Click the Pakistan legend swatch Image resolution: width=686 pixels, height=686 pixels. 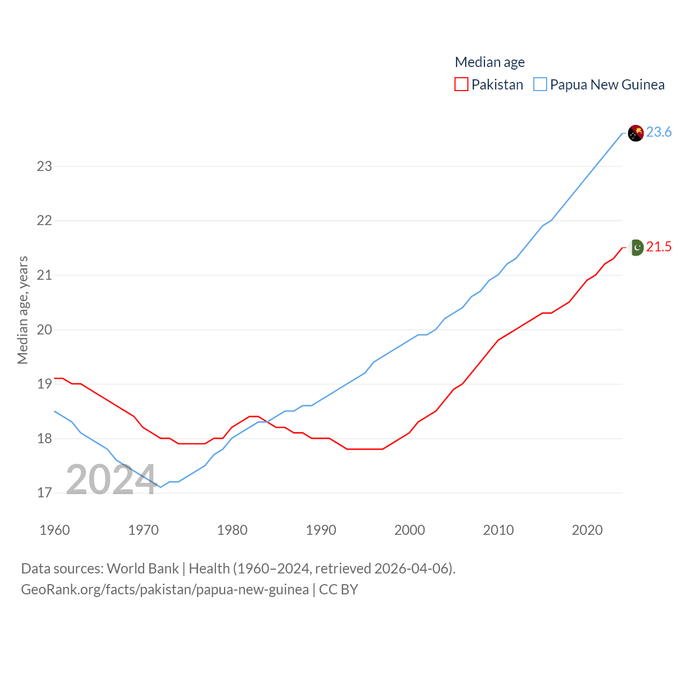click(x=461, y=85)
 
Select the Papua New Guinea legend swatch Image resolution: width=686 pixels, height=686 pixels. click(x=540, y=85)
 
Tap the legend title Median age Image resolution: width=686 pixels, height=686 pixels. click(x=489, y=62)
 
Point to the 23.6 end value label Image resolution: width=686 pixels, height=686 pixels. click(x=659, y=132)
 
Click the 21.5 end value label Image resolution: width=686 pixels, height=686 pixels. click(x=659, y=247)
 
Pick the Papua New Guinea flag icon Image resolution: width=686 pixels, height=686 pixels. click(x=636, y=133)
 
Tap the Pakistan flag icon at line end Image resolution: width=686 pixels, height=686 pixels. click(x=636, y=248)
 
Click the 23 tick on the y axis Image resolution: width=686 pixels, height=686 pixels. click(x=44, y=166)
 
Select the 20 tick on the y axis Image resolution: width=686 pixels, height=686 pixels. click(x=44, y=330)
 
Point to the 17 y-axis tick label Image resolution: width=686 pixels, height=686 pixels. click(x=44, y=493)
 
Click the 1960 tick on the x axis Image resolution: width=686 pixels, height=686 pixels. click(x=55, y=530)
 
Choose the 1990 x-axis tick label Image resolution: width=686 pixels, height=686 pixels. click(x=321, y=530)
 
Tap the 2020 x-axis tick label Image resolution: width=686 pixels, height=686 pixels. click(x=587, y=530)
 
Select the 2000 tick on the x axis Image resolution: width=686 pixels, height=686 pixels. click(x=409, y=530)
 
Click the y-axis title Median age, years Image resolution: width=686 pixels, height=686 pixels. click(x=23, y=310)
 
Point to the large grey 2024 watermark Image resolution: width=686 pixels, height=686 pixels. click(x=111, y=479)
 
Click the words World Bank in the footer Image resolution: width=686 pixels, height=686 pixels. click(x=143, y=569)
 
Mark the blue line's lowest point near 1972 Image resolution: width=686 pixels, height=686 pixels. click(x=161, y=487)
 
